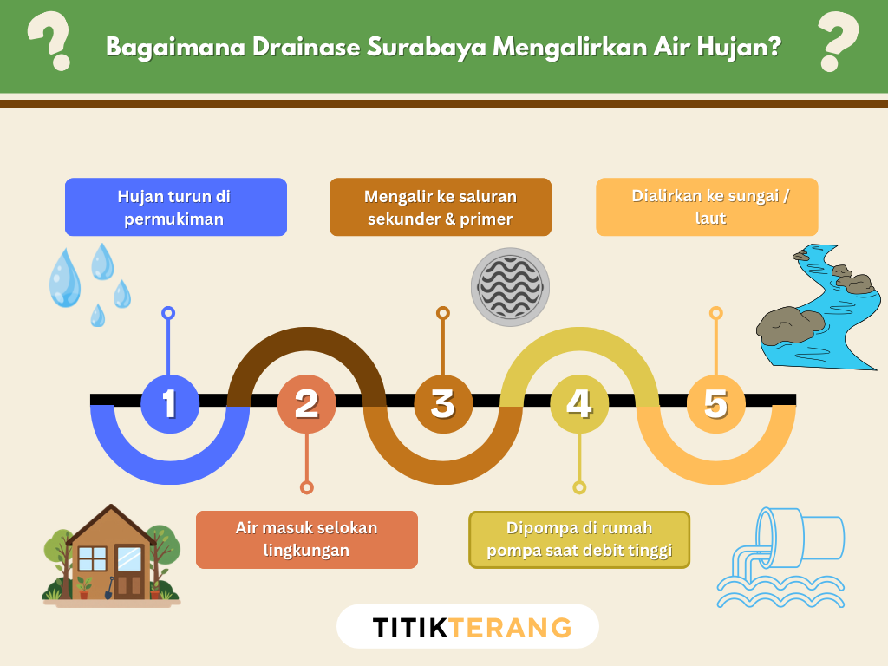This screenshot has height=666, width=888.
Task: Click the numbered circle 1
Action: click(169, 404)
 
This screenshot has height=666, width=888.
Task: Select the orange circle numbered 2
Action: click(306, 404)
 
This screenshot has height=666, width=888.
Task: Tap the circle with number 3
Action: click(442, 404)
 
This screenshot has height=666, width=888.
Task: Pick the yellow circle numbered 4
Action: click(579, 404)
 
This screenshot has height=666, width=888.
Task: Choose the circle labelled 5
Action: click(715, 404)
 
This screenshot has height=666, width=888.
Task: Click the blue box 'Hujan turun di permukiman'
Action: click(175, 207)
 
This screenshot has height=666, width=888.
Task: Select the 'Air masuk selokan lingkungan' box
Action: click(306, 539)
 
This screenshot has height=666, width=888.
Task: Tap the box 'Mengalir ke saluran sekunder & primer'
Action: click(440, 207)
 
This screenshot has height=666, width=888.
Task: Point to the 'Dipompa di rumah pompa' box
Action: click(579, 539)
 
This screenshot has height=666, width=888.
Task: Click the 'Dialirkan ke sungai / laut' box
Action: click(707, 207)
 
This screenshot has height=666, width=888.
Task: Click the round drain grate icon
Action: click(510, 287)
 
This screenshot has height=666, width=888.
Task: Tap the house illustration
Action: click(111, 555)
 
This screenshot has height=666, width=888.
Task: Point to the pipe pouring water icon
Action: click(780, 556)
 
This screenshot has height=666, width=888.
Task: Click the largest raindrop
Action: click(64, 277)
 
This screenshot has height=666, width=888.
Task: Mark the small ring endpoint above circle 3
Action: click(442, 312)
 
